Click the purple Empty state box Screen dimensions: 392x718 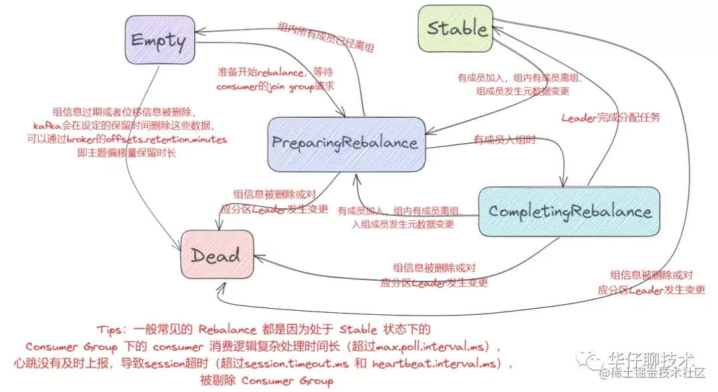(158, 40)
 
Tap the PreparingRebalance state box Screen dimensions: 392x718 (346, 142)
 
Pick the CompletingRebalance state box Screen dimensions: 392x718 (569, 211)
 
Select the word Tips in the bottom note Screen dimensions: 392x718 (110, 330)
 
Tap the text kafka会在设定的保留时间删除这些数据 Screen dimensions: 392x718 (124, 126)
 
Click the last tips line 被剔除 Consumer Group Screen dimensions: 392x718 (266, 381)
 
